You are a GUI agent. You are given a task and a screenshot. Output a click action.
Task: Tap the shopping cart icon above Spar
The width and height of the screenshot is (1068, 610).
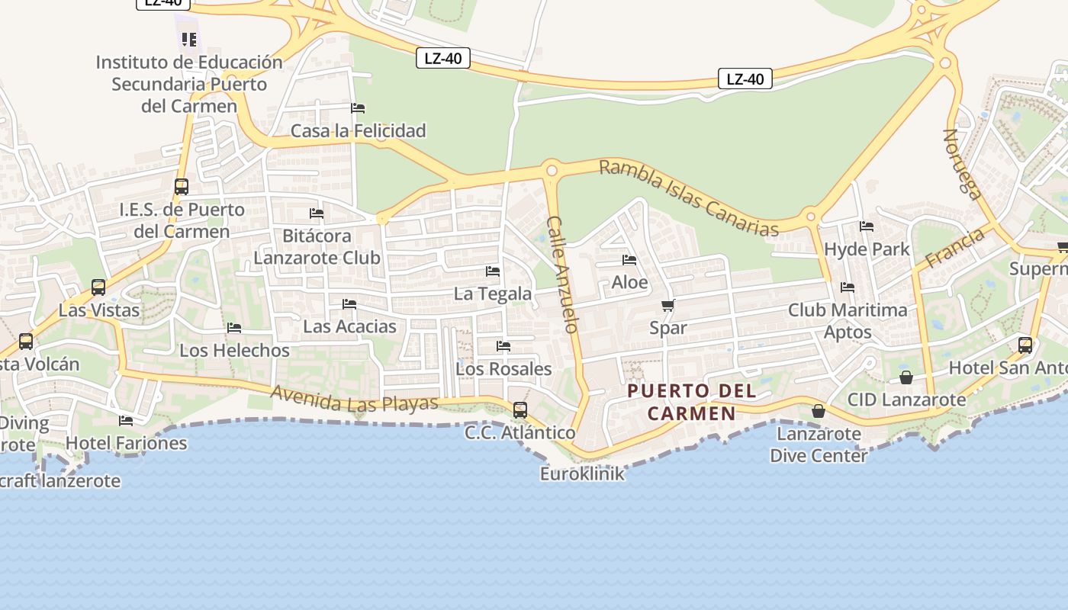click(x=668, y=306)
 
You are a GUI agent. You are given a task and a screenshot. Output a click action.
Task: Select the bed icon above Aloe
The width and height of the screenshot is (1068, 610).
click(x=629, y=260)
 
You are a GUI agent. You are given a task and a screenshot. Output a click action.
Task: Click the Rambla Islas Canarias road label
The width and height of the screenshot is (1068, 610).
click(x=689, y=198)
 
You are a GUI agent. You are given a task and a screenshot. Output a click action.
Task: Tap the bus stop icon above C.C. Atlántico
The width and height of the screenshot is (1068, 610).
click(x=520, y=410)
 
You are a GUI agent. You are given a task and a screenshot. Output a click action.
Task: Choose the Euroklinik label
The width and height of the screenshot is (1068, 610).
click(x=582, y=474)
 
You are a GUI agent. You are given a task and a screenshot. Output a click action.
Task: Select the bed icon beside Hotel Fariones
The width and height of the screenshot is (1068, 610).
click(x=126, y=420)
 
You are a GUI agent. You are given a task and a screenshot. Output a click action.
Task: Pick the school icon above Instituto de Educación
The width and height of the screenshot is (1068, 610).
click(x=189, y=39)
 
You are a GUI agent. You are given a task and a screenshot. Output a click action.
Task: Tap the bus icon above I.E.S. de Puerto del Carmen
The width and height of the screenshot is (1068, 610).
click(x=182, y=187)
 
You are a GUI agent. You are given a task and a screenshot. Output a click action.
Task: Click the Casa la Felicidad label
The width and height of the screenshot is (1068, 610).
click(x=358, y=131)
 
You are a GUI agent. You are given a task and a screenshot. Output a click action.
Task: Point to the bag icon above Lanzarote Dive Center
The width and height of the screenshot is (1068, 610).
click(x=819, y=412)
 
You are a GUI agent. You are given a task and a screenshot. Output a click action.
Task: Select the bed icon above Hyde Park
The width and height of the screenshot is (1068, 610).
click(x=867, y=226)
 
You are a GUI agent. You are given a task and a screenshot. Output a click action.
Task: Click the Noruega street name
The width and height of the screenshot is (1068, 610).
click(x=963, y=164)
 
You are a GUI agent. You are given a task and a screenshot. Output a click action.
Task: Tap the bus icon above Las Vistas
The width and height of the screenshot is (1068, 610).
click(x=98, y=287)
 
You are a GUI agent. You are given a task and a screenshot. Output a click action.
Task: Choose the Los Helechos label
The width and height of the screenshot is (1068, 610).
click(x=234, y=351)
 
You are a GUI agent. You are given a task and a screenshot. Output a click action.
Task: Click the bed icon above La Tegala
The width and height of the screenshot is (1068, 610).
click(x=493, y=271)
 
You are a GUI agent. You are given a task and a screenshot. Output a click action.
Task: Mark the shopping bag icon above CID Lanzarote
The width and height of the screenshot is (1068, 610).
click(x=906, y=377)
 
